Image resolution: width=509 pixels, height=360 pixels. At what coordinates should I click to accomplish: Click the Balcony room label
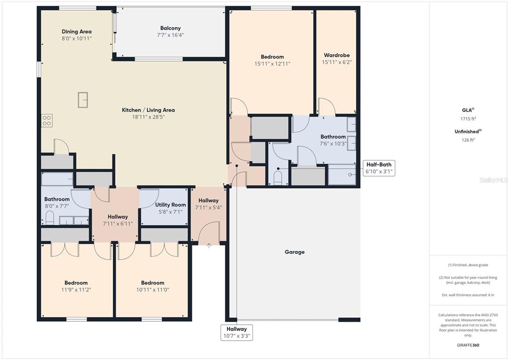(x=170, y=28)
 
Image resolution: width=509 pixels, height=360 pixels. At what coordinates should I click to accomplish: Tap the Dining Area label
(x=77, y=31)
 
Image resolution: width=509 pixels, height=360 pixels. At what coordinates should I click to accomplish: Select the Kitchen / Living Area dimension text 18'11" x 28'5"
(x=148, y=117)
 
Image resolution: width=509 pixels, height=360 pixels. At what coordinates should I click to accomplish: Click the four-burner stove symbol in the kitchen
(x=47, y=120)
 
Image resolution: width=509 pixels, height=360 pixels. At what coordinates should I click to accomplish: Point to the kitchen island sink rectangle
(x=83, y=99)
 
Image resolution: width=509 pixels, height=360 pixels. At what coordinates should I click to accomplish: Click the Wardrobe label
(x=337, y=55)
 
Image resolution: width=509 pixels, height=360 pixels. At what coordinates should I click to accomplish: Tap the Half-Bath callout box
(x=379, y=168)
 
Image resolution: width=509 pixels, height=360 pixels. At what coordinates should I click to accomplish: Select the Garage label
(x=294, y=252)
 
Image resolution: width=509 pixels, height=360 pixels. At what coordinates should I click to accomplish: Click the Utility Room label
(x=170, y=205)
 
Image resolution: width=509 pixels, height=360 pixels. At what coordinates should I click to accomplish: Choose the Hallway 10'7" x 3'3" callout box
(x=237, y=332)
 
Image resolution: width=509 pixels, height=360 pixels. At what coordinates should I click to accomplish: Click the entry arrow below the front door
(x=209, y=246)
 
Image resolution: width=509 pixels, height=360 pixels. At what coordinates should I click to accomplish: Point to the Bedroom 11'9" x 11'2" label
(x=76, y=286)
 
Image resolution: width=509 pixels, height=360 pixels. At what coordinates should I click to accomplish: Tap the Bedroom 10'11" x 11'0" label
(x=153, y=286)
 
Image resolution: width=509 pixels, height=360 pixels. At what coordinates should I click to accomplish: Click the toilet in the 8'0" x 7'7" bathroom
(x=49, y=218)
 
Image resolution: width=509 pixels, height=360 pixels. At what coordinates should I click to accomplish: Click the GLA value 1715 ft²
(x=468, y=119)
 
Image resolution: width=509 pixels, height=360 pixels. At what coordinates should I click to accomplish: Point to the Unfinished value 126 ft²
(x=468, y=140)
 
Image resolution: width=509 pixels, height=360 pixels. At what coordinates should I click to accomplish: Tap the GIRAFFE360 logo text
(x=468, y=345)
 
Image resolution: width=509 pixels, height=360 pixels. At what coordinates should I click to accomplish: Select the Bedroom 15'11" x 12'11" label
(x=272, y=60)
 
